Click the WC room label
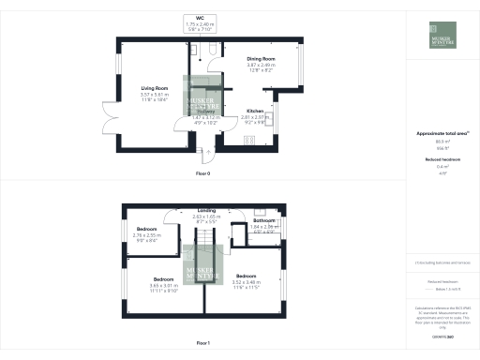coord(201,16)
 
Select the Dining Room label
coord(261,59)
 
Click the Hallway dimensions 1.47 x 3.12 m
coord(204,117)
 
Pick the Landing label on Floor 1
coord(207,211)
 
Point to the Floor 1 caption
coord(203,345)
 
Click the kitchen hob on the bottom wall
coord(250,141)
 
